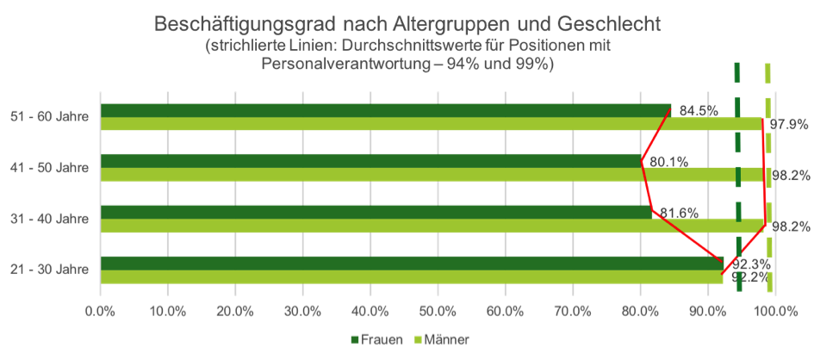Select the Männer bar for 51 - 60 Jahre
point(431,124)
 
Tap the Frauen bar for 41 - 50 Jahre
point(370,160)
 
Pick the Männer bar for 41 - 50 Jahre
point(431,175)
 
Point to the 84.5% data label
point(699,110)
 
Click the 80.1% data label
point(668,161)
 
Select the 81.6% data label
point(678,212)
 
